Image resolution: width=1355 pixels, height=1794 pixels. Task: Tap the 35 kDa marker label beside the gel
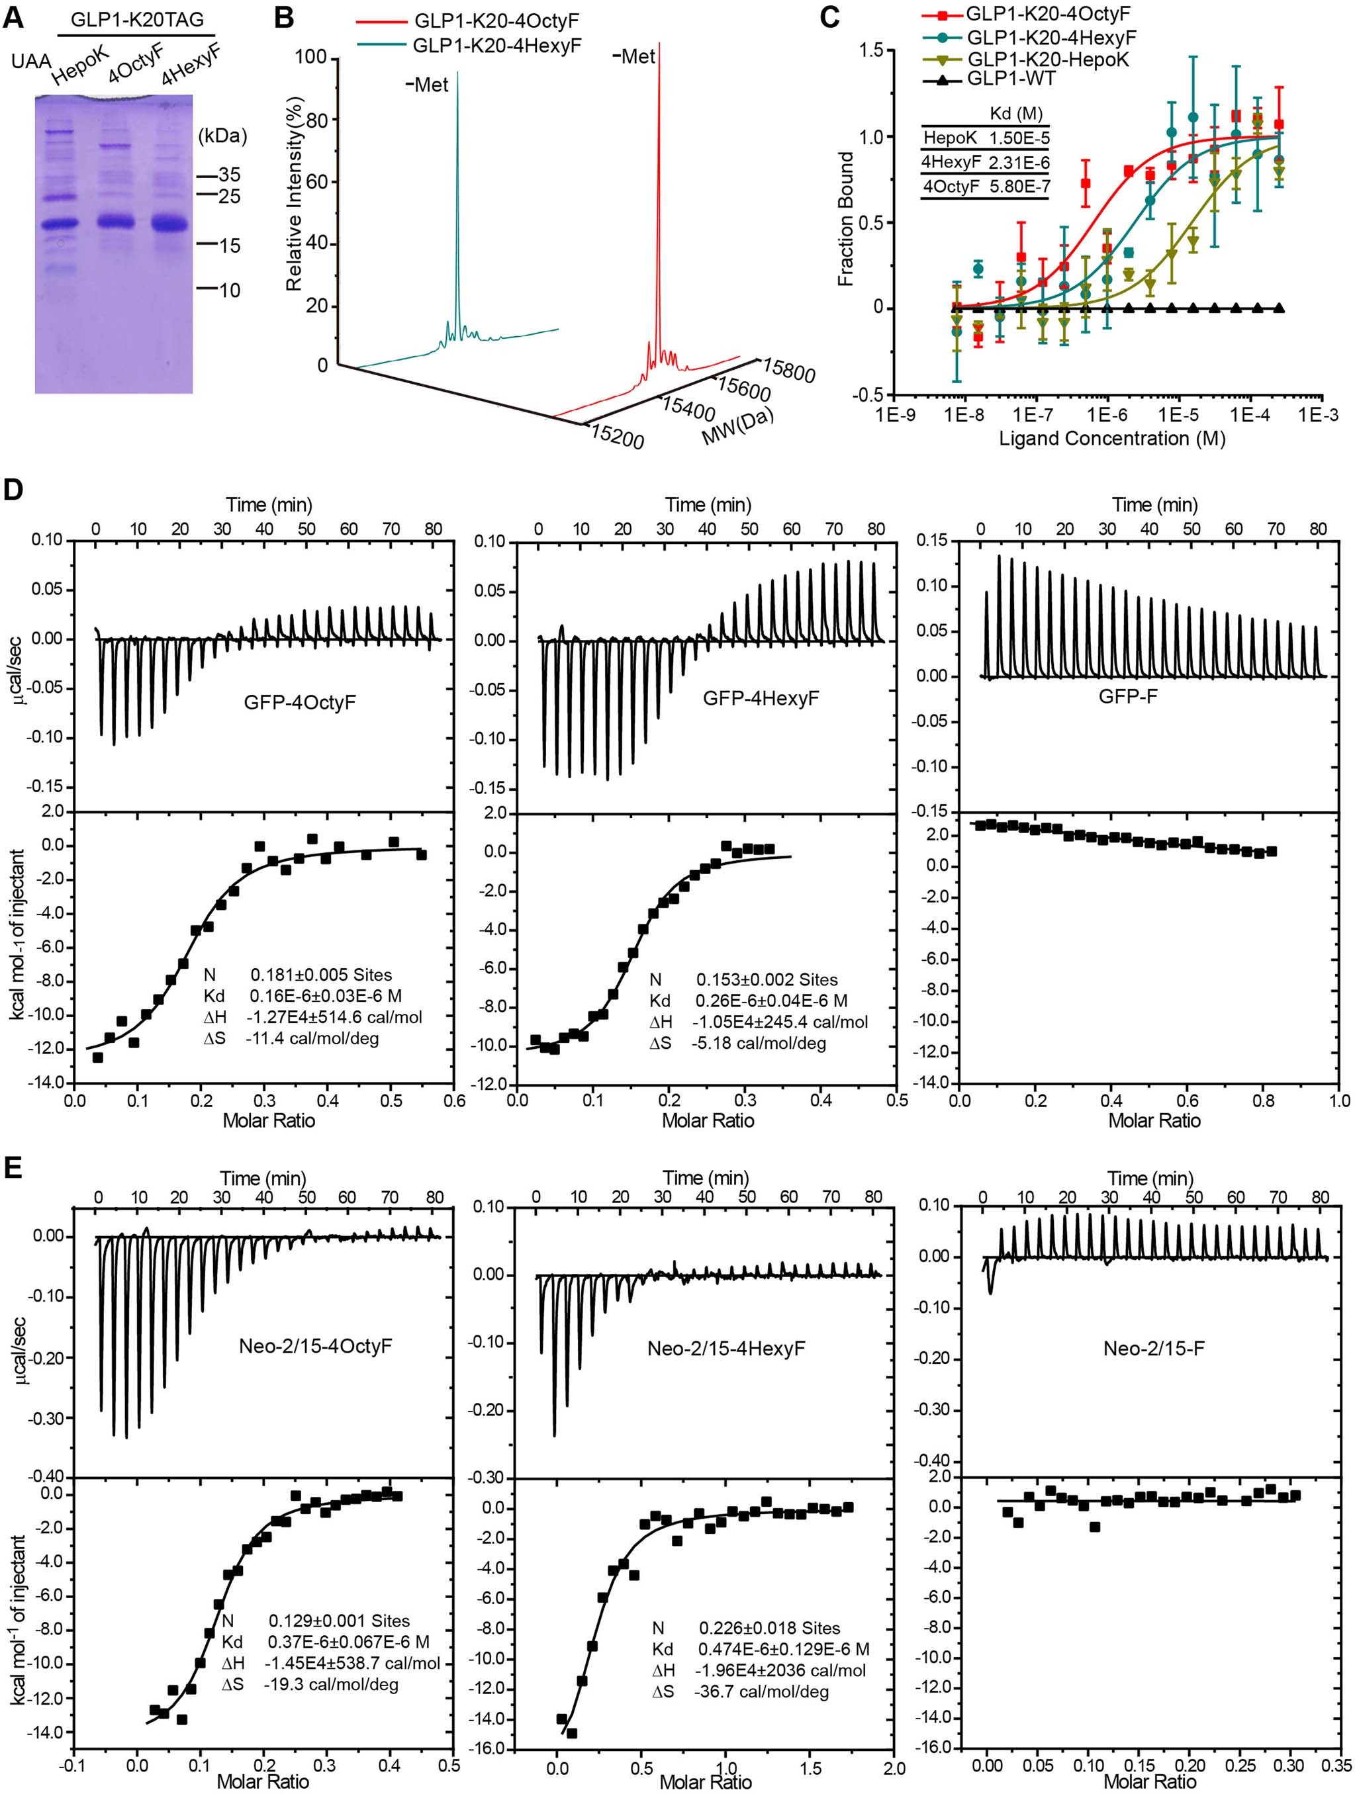[x=230, y=175]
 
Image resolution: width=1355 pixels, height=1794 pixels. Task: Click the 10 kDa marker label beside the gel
[x=230, y=290]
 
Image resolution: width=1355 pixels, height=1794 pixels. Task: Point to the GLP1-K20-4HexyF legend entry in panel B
[x=496, y=46]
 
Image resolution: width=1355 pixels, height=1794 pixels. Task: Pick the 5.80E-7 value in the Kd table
[x=1019, y=187]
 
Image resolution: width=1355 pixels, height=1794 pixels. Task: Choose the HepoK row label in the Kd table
[x=950, y=139]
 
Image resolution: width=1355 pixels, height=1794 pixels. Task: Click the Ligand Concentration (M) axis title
[x=1111, y=439]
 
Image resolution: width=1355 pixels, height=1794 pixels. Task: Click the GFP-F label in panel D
[x=1127, y=695]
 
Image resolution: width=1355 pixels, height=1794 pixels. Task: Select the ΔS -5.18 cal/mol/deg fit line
[x=737, y=1044]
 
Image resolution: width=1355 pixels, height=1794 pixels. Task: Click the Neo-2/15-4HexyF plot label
[x=725, y=1349]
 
